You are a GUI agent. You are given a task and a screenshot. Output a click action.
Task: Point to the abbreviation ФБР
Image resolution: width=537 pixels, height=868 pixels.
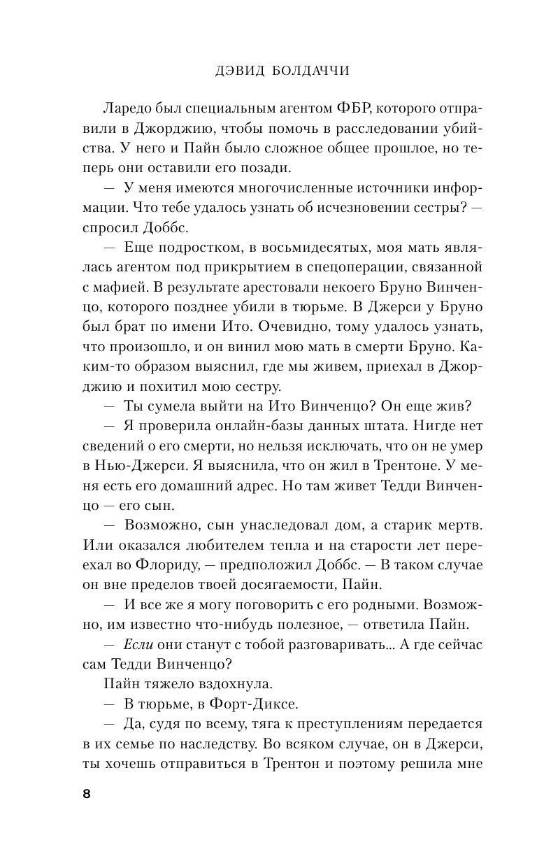[x=360, y=111]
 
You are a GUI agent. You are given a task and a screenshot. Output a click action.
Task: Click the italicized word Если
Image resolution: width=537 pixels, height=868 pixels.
[x=136, y=639]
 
